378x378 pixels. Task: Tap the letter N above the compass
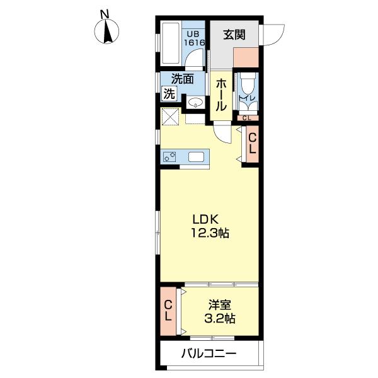pyautogui.click(x=105, y=12)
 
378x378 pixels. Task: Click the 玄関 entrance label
pyautogui.click(x=233, y=35)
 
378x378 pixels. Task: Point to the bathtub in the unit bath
pyautogui.click(x=170, y=44)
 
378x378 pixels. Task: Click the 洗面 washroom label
pyautogui.click(x=183, y=80)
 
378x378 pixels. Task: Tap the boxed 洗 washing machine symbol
pyautogui.click(x=169, y=94)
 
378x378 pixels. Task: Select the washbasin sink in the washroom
pyautogui.click(x=195, y=103)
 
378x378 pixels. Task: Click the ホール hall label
pyautogui.click(x=221, y=95)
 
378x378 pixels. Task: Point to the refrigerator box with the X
pyautogui.click(x=171, y=117)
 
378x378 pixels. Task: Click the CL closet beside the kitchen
pyautogui.click(x=251, y=144)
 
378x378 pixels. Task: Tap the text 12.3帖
pyautogui.click(x=210, y=233)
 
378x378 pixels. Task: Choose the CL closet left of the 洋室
pyautogui.click(x=168, y=311)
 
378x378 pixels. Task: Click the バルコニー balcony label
pyautogui.click(x=209, y=353)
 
